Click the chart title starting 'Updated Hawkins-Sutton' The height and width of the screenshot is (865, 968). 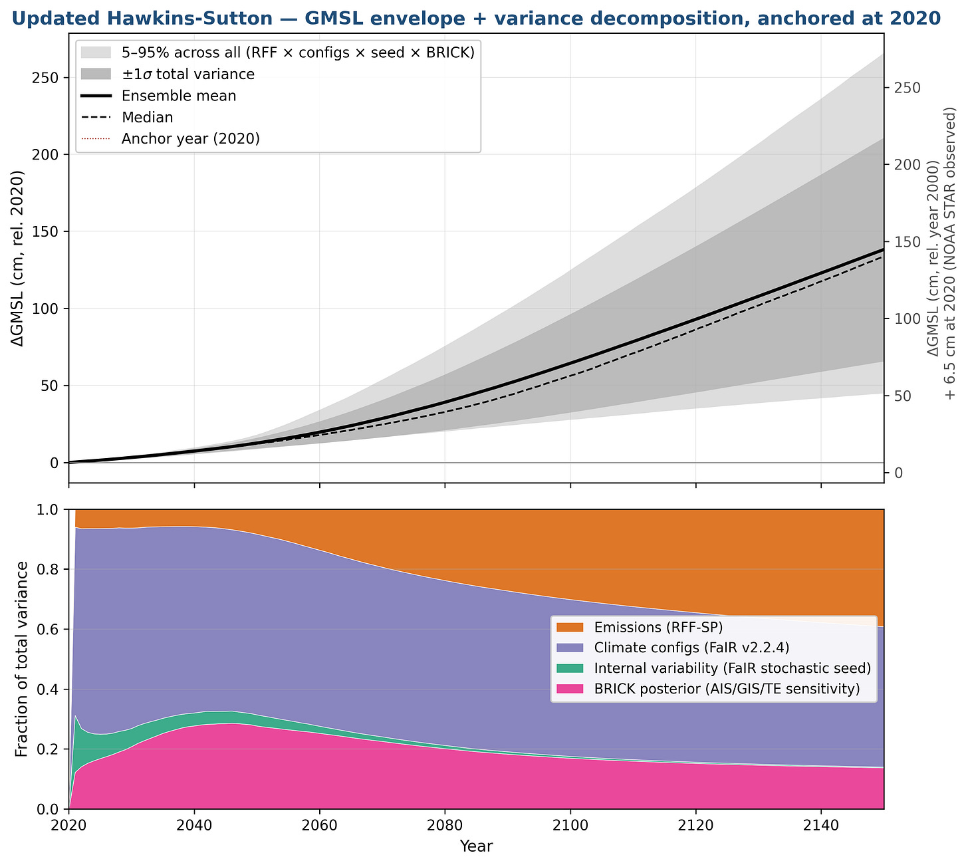(x=476, y=18)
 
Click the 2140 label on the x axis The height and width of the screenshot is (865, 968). (x=821, y=825)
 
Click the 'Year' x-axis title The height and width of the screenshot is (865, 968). (x=476, y=846)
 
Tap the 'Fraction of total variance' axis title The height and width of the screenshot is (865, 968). (x=21, y=659)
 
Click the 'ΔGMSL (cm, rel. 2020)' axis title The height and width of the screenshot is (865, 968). (x=18, y=258)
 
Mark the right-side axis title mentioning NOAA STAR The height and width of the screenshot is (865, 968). (x=941, y=253)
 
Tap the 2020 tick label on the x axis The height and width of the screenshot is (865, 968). (x=68, y=825)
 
